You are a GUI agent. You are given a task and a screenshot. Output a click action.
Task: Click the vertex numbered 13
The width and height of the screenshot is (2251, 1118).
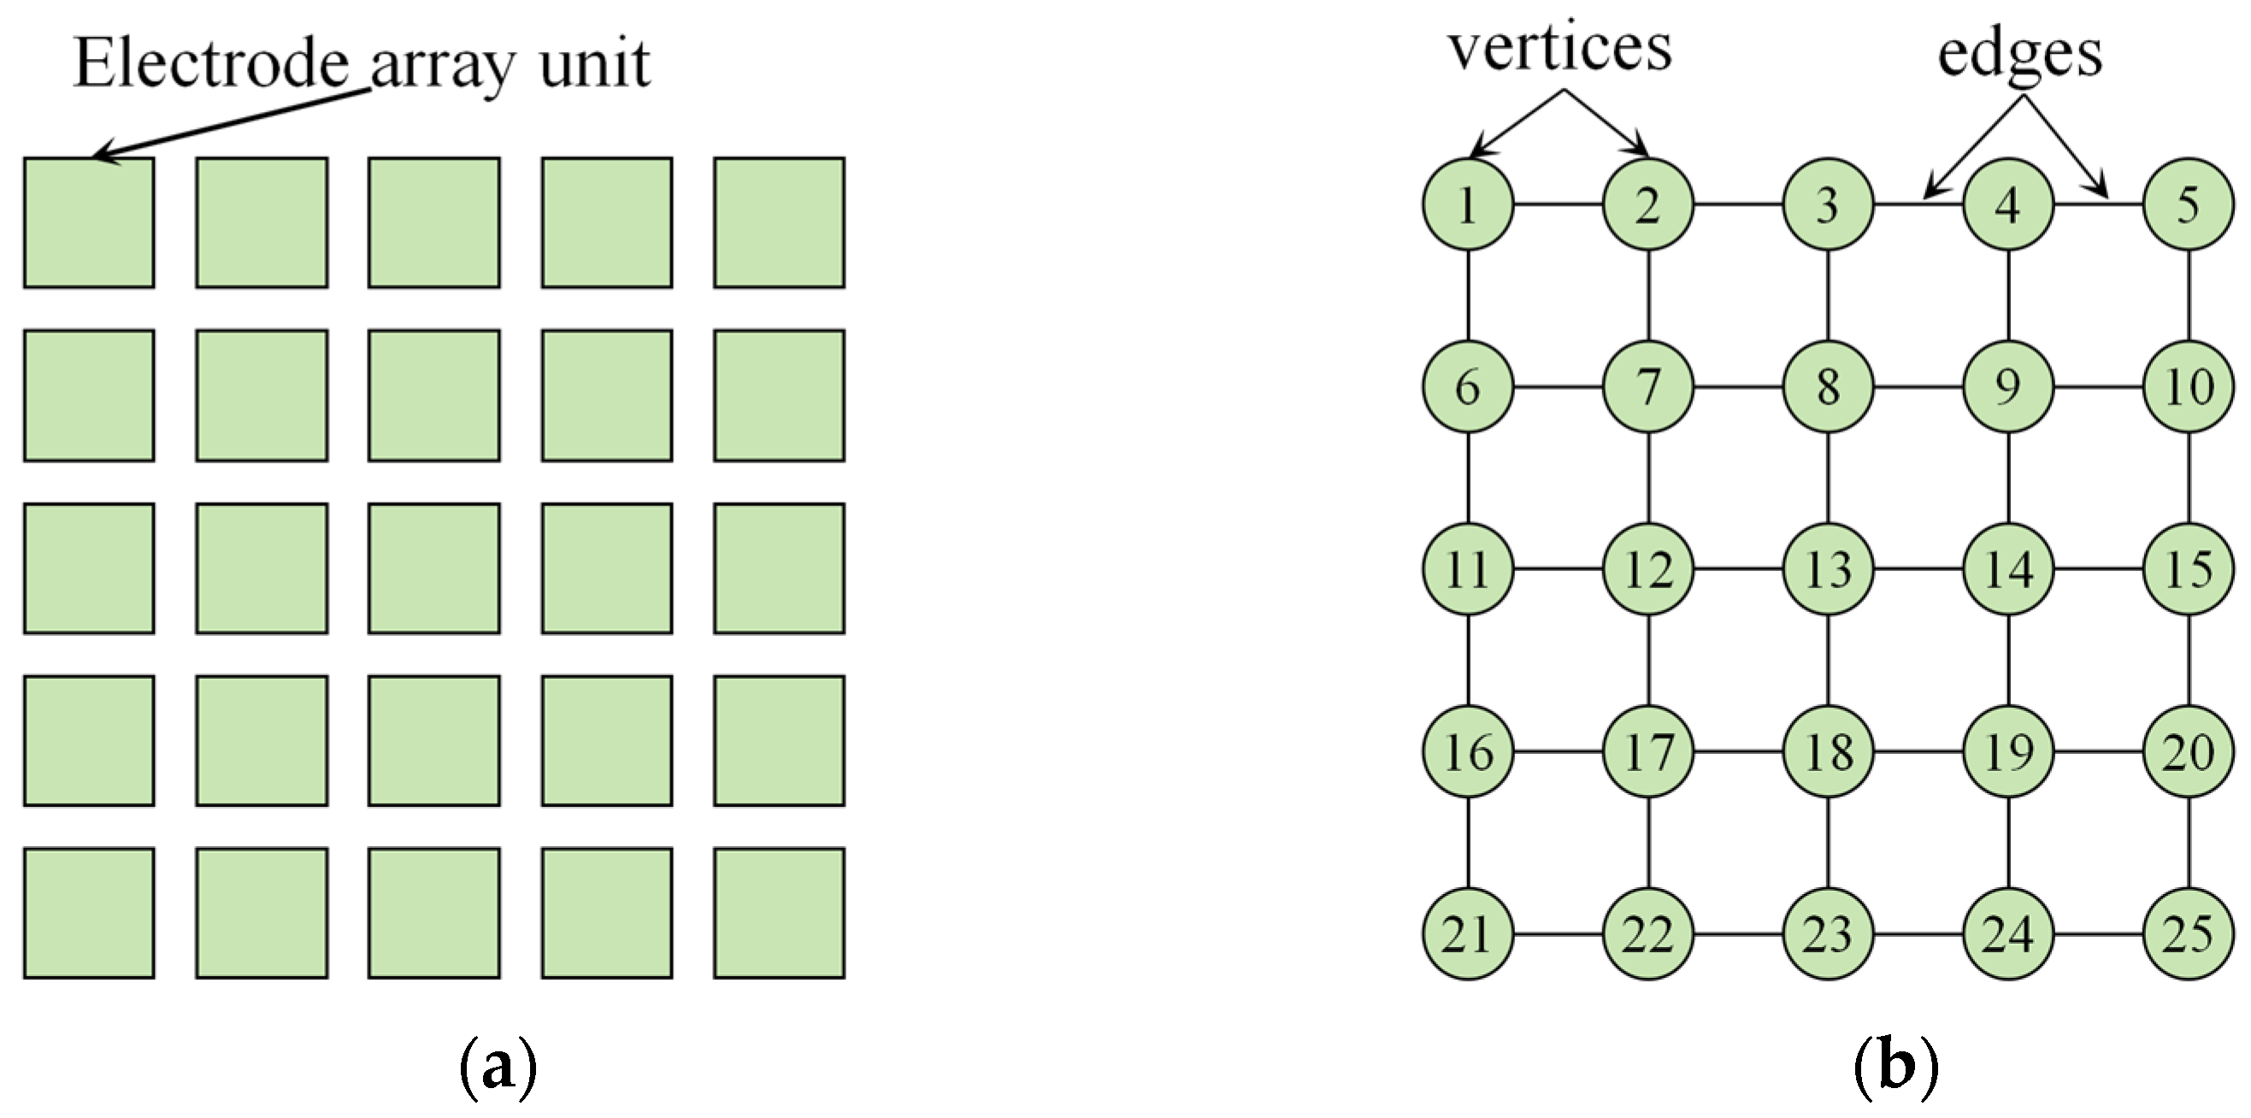tap(1828, 569)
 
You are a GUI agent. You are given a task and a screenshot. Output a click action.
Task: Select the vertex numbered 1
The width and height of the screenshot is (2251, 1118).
tap(1468, 205)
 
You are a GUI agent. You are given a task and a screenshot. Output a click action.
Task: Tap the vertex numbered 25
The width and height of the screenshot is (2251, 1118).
tap(2188, 934)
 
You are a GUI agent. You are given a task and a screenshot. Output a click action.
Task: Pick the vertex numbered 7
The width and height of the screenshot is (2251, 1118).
tap(1648, 387)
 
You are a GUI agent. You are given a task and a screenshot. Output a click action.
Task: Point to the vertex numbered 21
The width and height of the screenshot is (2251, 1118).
tap(1468, 934)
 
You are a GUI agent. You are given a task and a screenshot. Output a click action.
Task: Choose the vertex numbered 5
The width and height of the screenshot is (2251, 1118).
tap(2188, 205)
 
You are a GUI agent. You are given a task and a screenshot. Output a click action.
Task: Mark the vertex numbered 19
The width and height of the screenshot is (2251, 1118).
tap(2008, 751)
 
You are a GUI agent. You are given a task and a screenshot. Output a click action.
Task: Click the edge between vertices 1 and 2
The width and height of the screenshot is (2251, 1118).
tap(1558, 205)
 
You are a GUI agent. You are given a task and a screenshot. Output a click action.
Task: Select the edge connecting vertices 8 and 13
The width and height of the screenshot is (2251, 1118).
tap(1828, 478)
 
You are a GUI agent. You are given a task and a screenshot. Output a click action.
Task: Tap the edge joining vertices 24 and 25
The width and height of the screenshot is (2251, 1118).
tap(2098, 934)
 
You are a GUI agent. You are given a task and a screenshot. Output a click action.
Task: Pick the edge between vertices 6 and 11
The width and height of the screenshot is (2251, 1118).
tap(1468, 478)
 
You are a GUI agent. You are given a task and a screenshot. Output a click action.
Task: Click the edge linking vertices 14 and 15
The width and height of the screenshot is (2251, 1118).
tap(2098, 569)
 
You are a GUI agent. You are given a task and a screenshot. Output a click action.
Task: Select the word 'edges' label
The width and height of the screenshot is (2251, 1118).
tap(2020, 54)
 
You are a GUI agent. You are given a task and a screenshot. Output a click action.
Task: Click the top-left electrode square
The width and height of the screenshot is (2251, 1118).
tap(89, 223)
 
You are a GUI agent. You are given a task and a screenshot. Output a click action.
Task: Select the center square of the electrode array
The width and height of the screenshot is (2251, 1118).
tap(434, 568)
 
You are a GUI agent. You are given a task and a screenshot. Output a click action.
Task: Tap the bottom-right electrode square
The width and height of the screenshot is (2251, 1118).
tap(780, 913)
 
